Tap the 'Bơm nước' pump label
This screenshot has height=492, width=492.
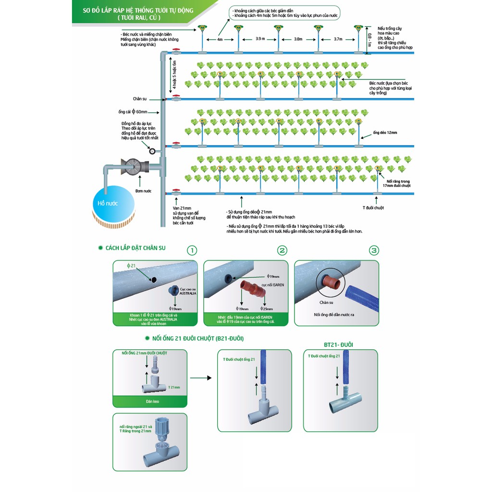[x=144, y=191]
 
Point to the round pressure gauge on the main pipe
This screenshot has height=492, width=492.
[x=152, y=151]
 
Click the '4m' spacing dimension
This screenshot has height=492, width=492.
[x=220, y=39]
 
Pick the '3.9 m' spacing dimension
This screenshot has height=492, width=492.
[x=259, y=38]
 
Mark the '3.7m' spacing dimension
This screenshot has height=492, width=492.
[x=338, y=38]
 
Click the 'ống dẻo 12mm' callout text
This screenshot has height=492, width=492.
[x=385, y=132]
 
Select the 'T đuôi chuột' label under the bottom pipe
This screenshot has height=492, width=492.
[x=373, y=208]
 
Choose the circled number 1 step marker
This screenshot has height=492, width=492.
[x=192, y=250]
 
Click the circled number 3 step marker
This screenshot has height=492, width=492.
[x=374, y=250]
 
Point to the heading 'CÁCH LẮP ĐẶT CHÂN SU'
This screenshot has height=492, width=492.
[x=135, y=248]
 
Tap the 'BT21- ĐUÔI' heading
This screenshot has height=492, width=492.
[x=338, y=344]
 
